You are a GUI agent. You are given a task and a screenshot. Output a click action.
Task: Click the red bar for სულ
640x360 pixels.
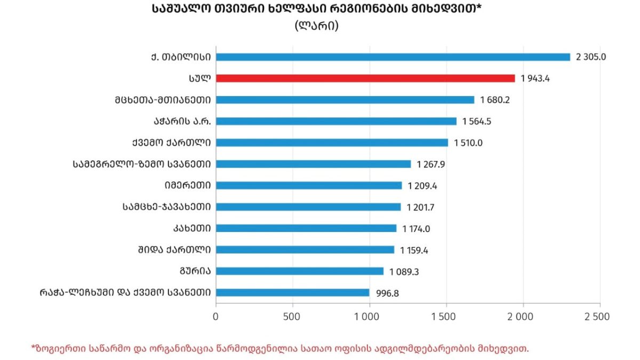click(x=365, y=78)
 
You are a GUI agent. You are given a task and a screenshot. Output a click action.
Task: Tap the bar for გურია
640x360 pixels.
click(x=300, y=271)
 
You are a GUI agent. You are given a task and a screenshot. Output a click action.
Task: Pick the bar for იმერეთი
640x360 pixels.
click(x=309, y=186)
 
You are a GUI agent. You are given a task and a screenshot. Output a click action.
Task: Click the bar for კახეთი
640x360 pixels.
click(x=306, y=228)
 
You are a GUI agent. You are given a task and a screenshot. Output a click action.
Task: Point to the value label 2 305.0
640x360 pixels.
click(x=591, y=57)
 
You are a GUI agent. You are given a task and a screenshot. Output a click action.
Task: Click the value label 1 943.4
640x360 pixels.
click(x=535, y=78)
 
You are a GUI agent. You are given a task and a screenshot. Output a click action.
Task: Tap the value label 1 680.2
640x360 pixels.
click(x=494, y=100)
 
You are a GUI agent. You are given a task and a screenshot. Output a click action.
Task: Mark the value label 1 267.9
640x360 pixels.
click(x=431, y=164)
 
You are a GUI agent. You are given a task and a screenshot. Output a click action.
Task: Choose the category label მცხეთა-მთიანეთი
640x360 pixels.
click(x=162, y=100)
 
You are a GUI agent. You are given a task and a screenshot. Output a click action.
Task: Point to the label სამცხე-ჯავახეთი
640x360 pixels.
click(x=166, y=207)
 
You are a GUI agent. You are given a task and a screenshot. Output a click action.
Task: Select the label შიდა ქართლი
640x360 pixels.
click(x=174, y=250)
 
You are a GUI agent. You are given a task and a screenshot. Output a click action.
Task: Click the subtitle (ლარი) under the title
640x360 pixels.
click(x=316, y=26)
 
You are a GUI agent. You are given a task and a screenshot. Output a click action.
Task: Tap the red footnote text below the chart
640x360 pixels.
click(x=280, y=348)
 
